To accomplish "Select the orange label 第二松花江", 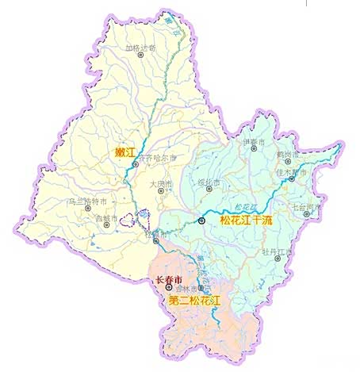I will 194,301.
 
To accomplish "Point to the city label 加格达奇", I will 141,48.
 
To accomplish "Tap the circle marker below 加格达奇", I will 140,57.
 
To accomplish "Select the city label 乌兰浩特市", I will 88,202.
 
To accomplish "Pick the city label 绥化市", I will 207,182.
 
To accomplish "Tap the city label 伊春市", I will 251,142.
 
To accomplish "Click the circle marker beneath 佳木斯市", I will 292,178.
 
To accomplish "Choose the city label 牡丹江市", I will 278,251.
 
